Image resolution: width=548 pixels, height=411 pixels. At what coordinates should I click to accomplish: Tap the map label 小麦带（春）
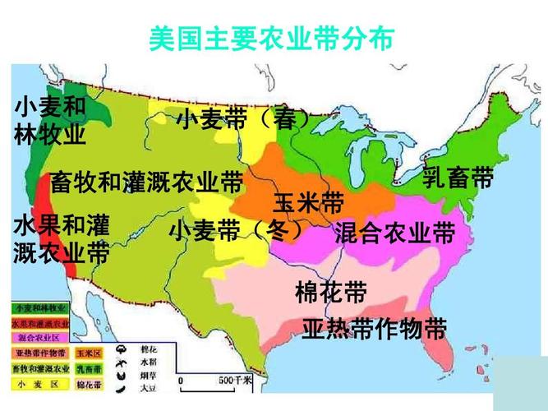244,119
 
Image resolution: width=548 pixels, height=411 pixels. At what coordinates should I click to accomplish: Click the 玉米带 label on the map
308,202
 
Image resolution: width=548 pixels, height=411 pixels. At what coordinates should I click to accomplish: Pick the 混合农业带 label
394,233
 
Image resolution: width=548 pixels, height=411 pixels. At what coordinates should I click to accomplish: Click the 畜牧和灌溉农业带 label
146,182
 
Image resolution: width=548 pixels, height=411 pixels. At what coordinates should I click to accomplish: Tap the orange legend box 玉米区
88,353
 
